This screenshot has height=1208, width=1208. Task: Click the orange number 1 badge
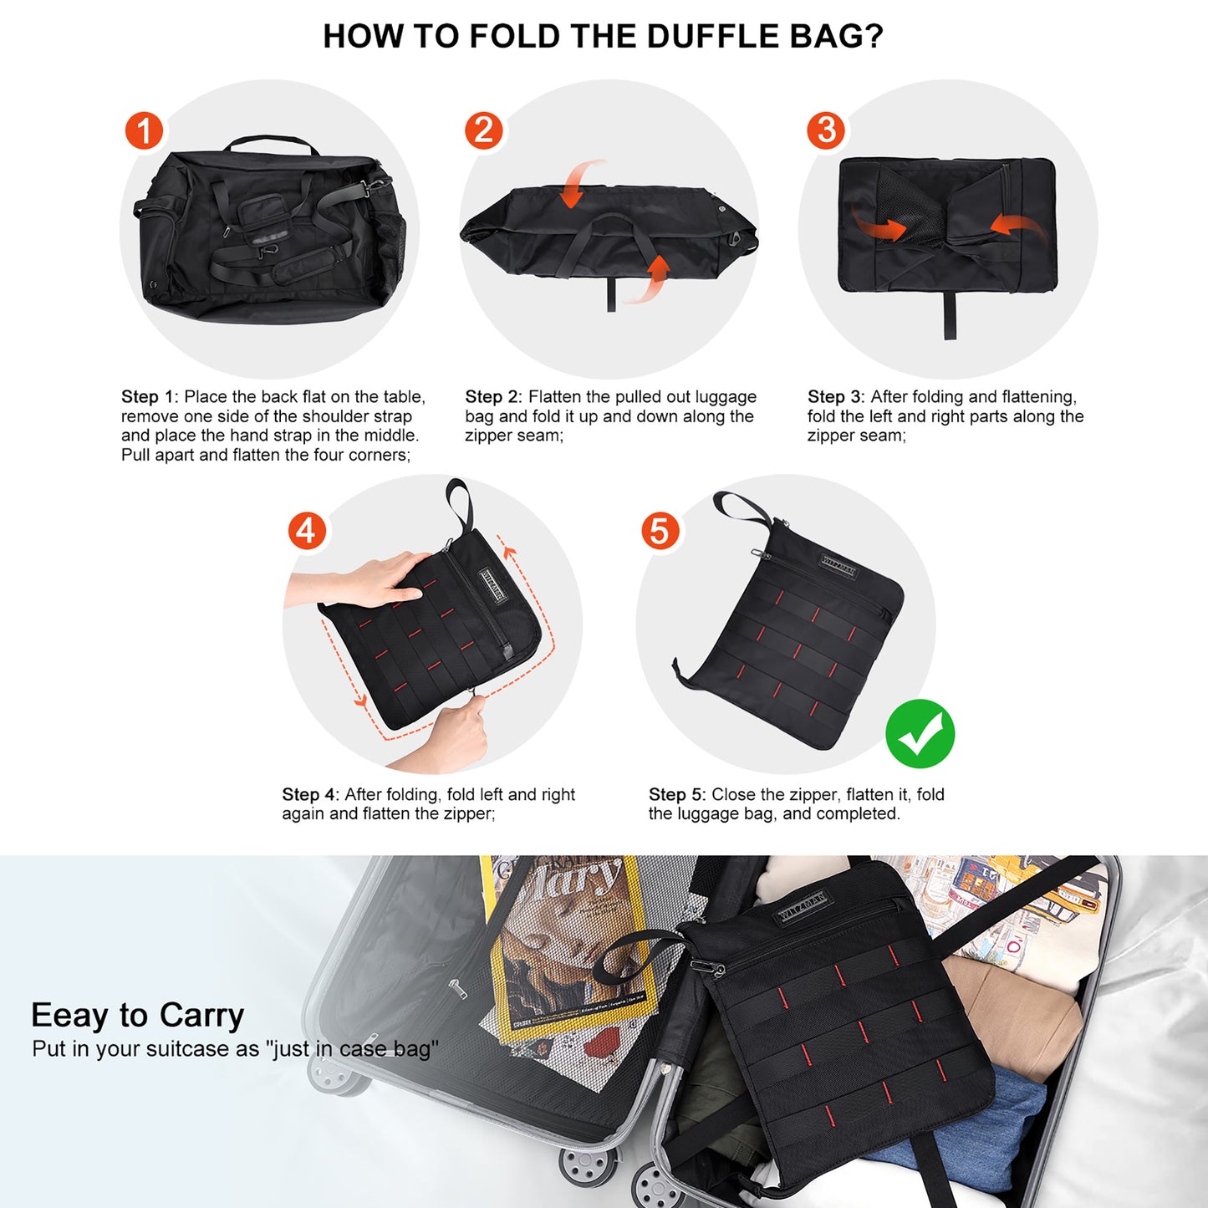click(x=144, y=131)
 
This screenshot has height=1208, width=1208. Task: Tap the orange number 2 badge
click(x=483, y=131)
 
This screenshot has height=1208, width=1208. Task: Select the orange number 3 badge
click(x=826, y=130)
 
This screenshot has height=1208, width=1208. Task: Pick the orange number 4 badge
click(x=306, y=531)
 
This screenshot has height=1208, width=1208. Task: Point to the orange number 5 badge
click(x=660, y=531)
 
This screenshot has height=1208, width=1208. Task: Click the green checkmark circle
click(x=920, y=734)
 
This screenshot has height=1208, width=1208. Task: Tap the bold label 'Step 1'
click(x=149, y=397)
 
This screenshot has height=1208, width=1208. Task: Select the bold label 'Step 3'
click(x=835, y=397)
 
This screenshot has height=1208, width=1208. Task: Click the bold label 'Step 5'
click(x=676, y=795)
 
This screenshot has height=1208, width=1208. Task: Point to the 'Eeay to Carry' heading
click(x=137, y=1015)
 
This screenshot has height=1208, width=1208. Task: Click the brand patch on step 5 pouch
click(x=838, y=567)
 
